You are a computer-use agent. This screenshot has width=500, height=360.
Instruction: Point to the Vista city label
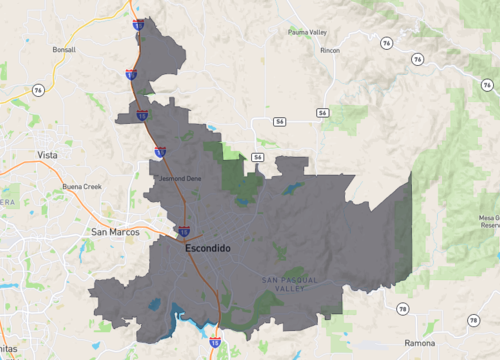47,155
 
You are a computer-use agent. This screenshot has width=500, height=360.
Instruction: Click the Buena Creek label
82,186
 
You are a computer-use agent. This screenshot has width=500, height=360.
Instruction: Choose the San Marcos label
113,232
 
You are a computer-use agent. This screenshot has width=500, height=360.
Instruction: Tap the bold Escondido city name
207,247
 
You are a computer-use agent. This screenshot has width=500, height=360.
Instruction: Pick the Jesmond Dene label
180,179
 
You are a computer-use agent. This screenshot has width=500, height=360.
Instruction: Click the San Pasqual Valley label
290,284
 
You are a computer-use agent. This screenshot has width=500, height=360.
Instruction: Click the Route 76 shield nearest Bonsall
38,90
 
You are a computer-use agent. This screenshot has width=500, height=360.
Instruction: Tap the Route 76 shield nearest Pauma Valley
386,43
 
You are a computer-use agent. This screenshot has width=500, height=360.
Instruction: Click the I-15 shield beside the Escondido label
184,231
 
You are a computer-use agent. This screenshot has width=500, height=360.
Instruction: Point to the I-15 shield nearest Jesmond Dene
160,152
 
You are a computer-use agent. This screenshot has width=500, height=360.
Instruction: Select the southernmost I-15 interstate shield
215,342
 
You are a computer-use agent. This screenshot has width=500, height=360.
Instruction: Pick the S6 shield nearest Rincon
322,113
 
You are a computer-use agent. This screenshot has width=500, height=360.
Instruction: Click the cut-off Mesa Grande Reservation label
489,221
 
